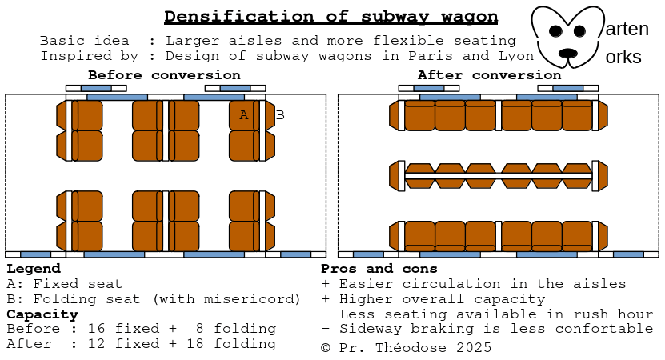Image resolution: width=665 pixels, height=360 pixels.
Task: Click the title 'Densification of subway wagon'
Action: (x=330, y=16)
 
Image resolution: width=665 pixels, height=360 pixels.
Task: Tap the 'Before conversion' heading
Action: (x=164, y=75)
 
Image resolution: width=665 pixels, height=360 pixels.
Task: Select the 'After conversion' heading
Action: (x=489, y=75)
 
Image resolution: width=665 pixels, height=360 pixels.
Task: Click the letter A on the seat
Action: (x=244, y=115)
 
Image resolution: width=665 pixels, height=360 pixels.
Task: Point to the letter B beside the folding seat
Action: (x=280, y=115)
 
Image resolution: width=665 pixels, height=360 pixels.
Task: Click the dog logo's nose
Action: (x=567, y=53)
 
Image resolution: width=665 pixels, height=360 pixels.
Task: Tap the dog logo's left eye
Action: (x=555, y=31)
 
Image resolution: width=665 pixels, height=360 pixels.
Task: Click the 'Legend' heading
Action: (x=33, y=269)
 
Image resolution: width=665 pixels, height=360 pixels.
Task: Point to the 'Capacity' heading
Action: (x=42, y=314)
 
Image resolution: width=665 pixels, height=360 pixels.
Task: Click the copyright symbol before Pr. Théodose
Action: (x=326, y=347)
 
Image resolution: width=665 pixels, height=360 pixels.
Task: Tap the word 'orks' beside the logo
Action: (x=623, y=58)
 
